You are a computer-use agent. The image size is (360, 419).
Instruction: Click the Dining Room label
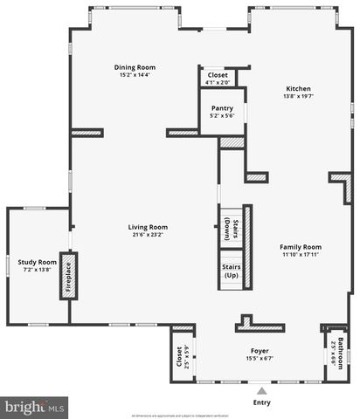[135, 67]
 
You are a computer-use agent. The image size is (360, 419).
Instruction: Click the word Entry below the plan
[262, 402]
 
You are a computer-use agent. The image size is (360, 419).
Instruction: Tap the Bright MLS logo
[35, 406]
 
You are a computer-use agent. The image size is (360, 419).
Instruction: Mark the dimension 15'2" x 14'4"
[135, 75]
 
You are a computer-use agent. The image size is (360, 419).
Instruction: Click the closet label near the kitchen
[218, 75]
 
